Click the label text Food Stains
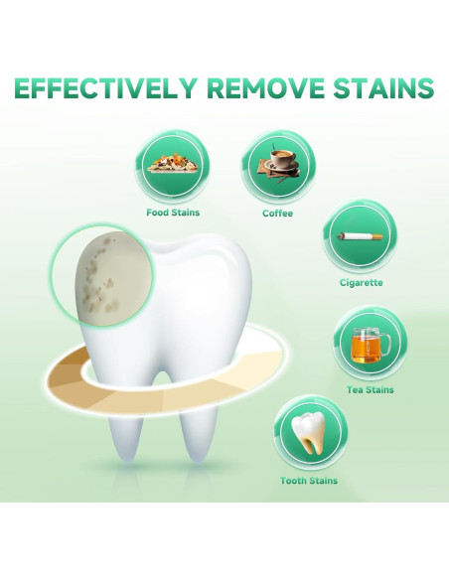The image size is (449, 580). [x=172, y=213]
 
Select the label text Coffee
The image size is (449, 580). [x=277, y=213]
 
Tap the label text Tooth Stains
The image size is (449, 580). [x=308, y=481]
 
